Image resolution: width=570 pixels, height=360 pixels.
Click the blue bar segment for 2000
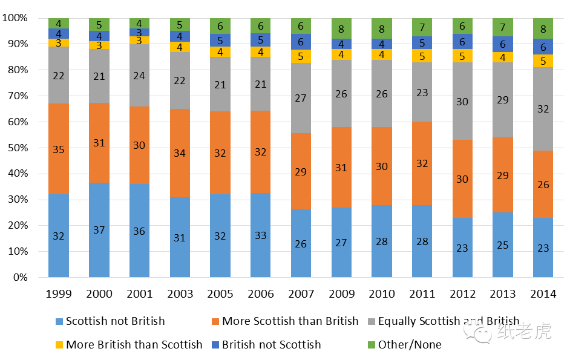(99, 230)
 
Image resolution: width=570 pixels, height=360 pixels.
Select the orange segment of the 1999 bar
(59, 149)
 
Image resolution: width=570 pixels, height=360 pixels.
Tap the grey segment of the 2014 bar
(543, 109)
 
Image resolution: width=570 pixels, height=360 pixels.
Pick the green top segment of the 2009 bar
(341, 28)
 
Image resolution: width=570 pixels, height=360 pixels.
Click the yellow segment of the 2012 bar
(462, 56)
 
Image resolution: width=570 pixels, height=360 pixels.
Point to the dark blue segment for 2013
(503, 44)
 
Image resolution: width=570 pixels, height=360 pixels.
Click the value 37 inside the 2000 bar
(99, 231)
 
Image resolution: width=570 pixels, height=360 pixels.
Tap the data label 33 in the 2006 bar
(261, 235)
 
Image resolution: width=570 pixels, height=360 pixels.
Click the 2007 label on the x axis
(301, 294)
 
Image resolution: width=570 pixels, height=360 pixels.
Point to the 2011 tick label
(422, 294)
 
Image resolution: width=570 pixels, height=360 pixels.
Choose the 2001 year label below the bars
(139, 294)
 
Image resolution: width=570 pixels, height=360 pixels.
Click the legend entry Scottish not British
(115, 321)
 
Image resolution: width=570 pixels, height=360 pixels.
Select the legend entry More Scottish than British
(290, 321)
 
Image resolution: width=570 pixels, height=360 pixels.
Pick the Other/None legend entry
(410, 345)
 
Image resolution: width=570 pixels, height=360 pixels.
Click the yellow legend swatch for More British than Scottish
(59, 345)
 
